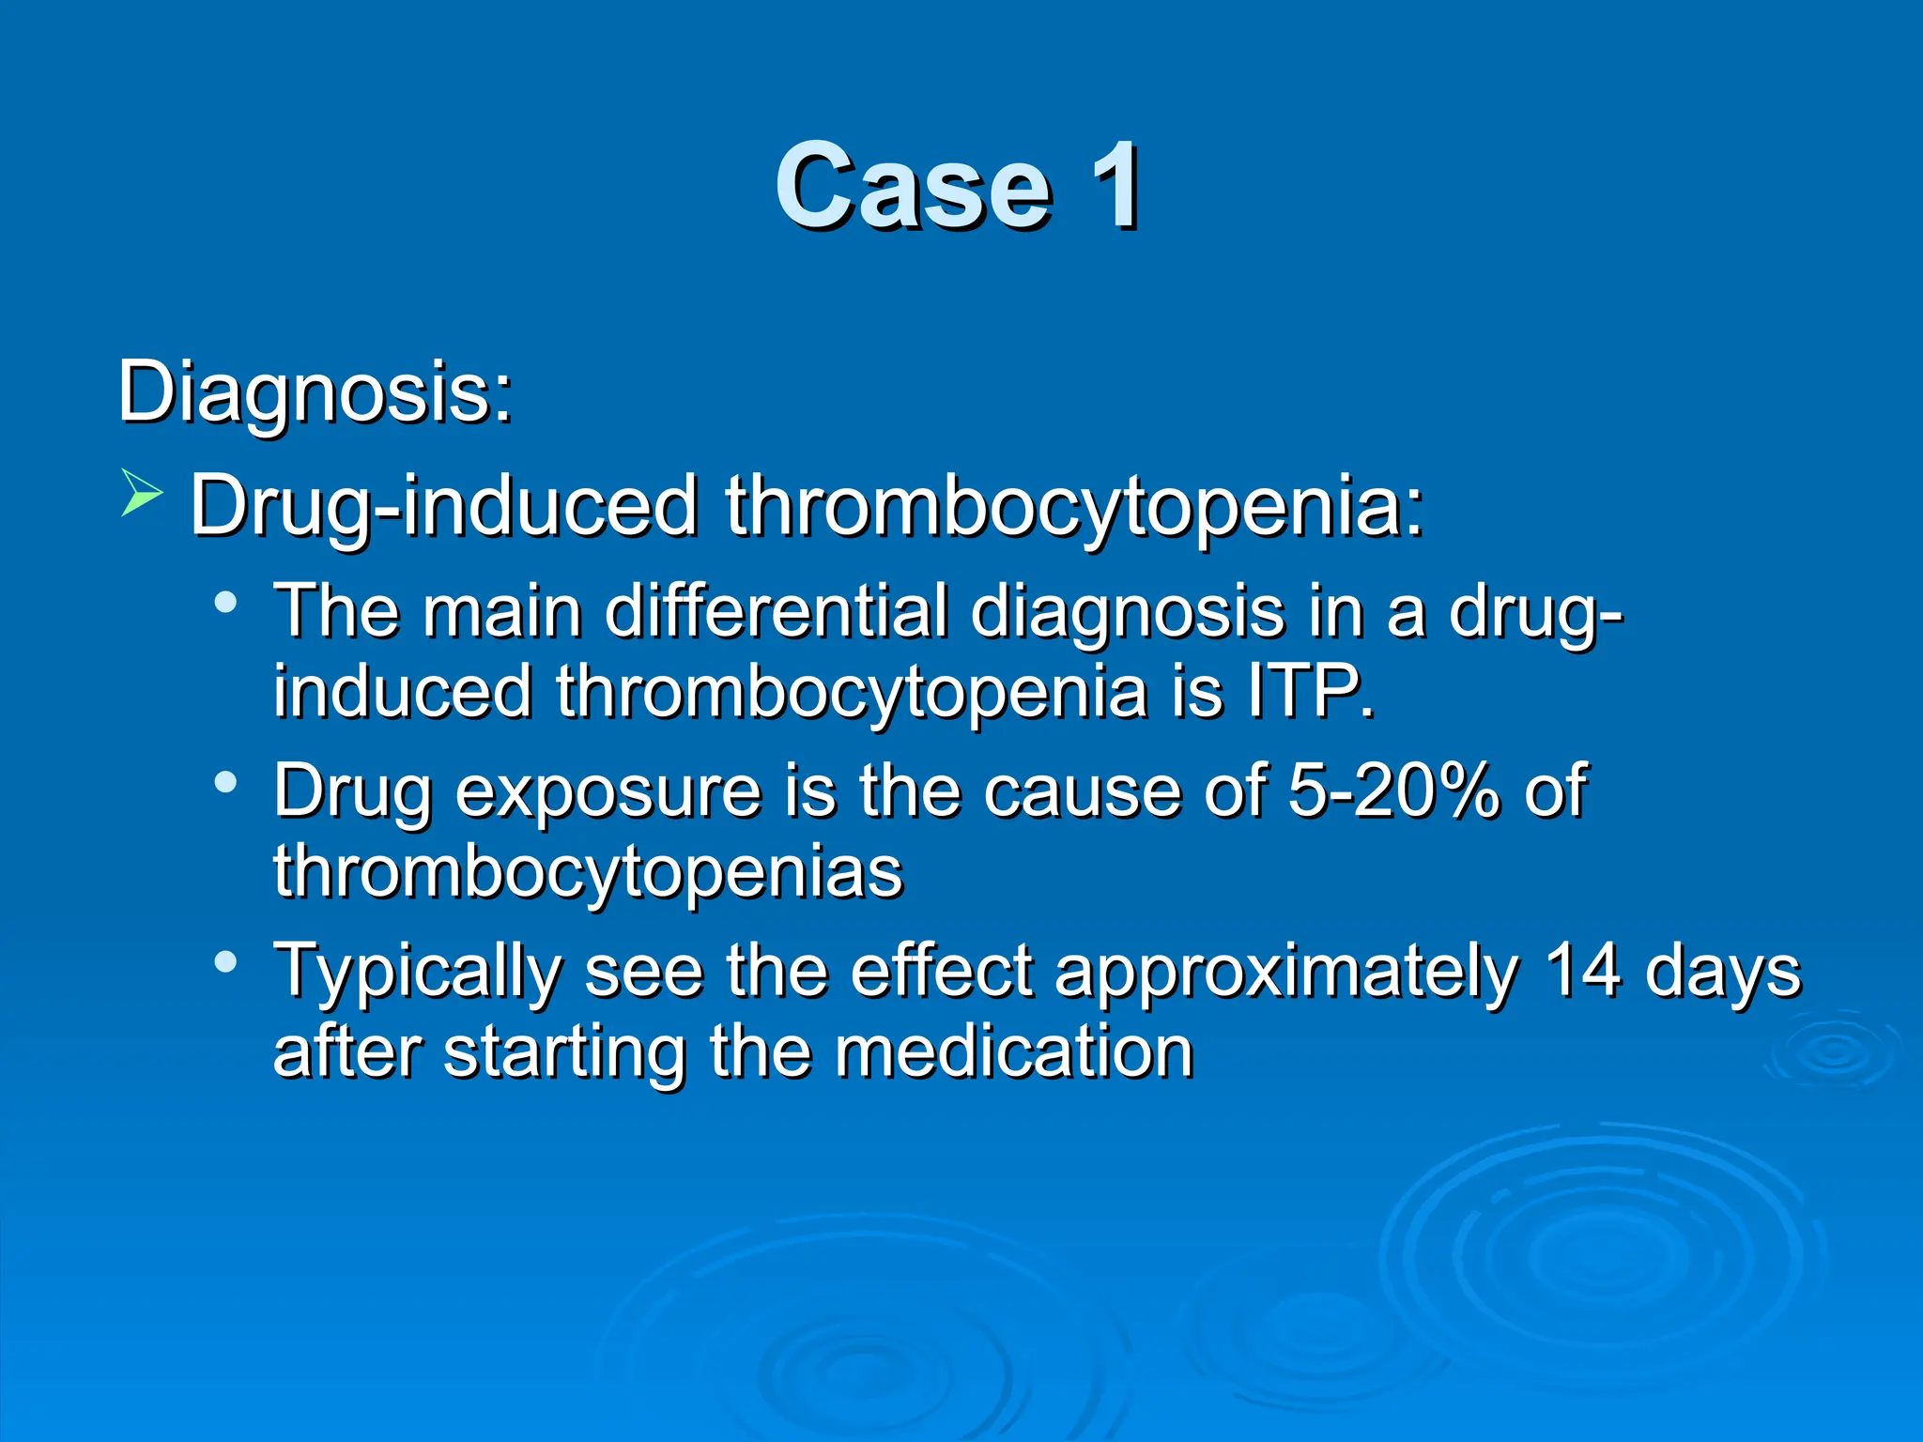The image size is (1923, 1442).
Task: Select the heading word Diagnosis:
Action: [x=315, y=392]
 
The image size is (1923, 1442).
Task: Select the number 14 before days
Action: [x=1582, y=970]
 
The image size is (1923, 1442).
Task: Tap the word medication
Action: [x=1013, y=1051]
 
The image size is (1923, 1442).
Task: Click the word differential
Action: [x=777, y=611]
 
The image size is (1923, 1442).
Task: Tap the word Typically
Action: [x=417, y=972]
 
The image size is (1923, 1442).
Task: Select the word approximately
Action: [x=1286, y=972]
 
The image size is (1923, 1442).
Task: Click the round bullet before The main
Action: [x=225, y=602]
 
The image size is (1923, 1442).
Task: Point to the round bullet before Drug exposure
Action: [x=225, y=781]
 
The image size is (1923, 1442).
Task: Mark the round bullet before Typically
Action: [x=225, y=960]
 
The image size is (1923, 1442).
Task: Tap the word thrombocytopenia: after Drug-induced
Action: [x=1074, y=507]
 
